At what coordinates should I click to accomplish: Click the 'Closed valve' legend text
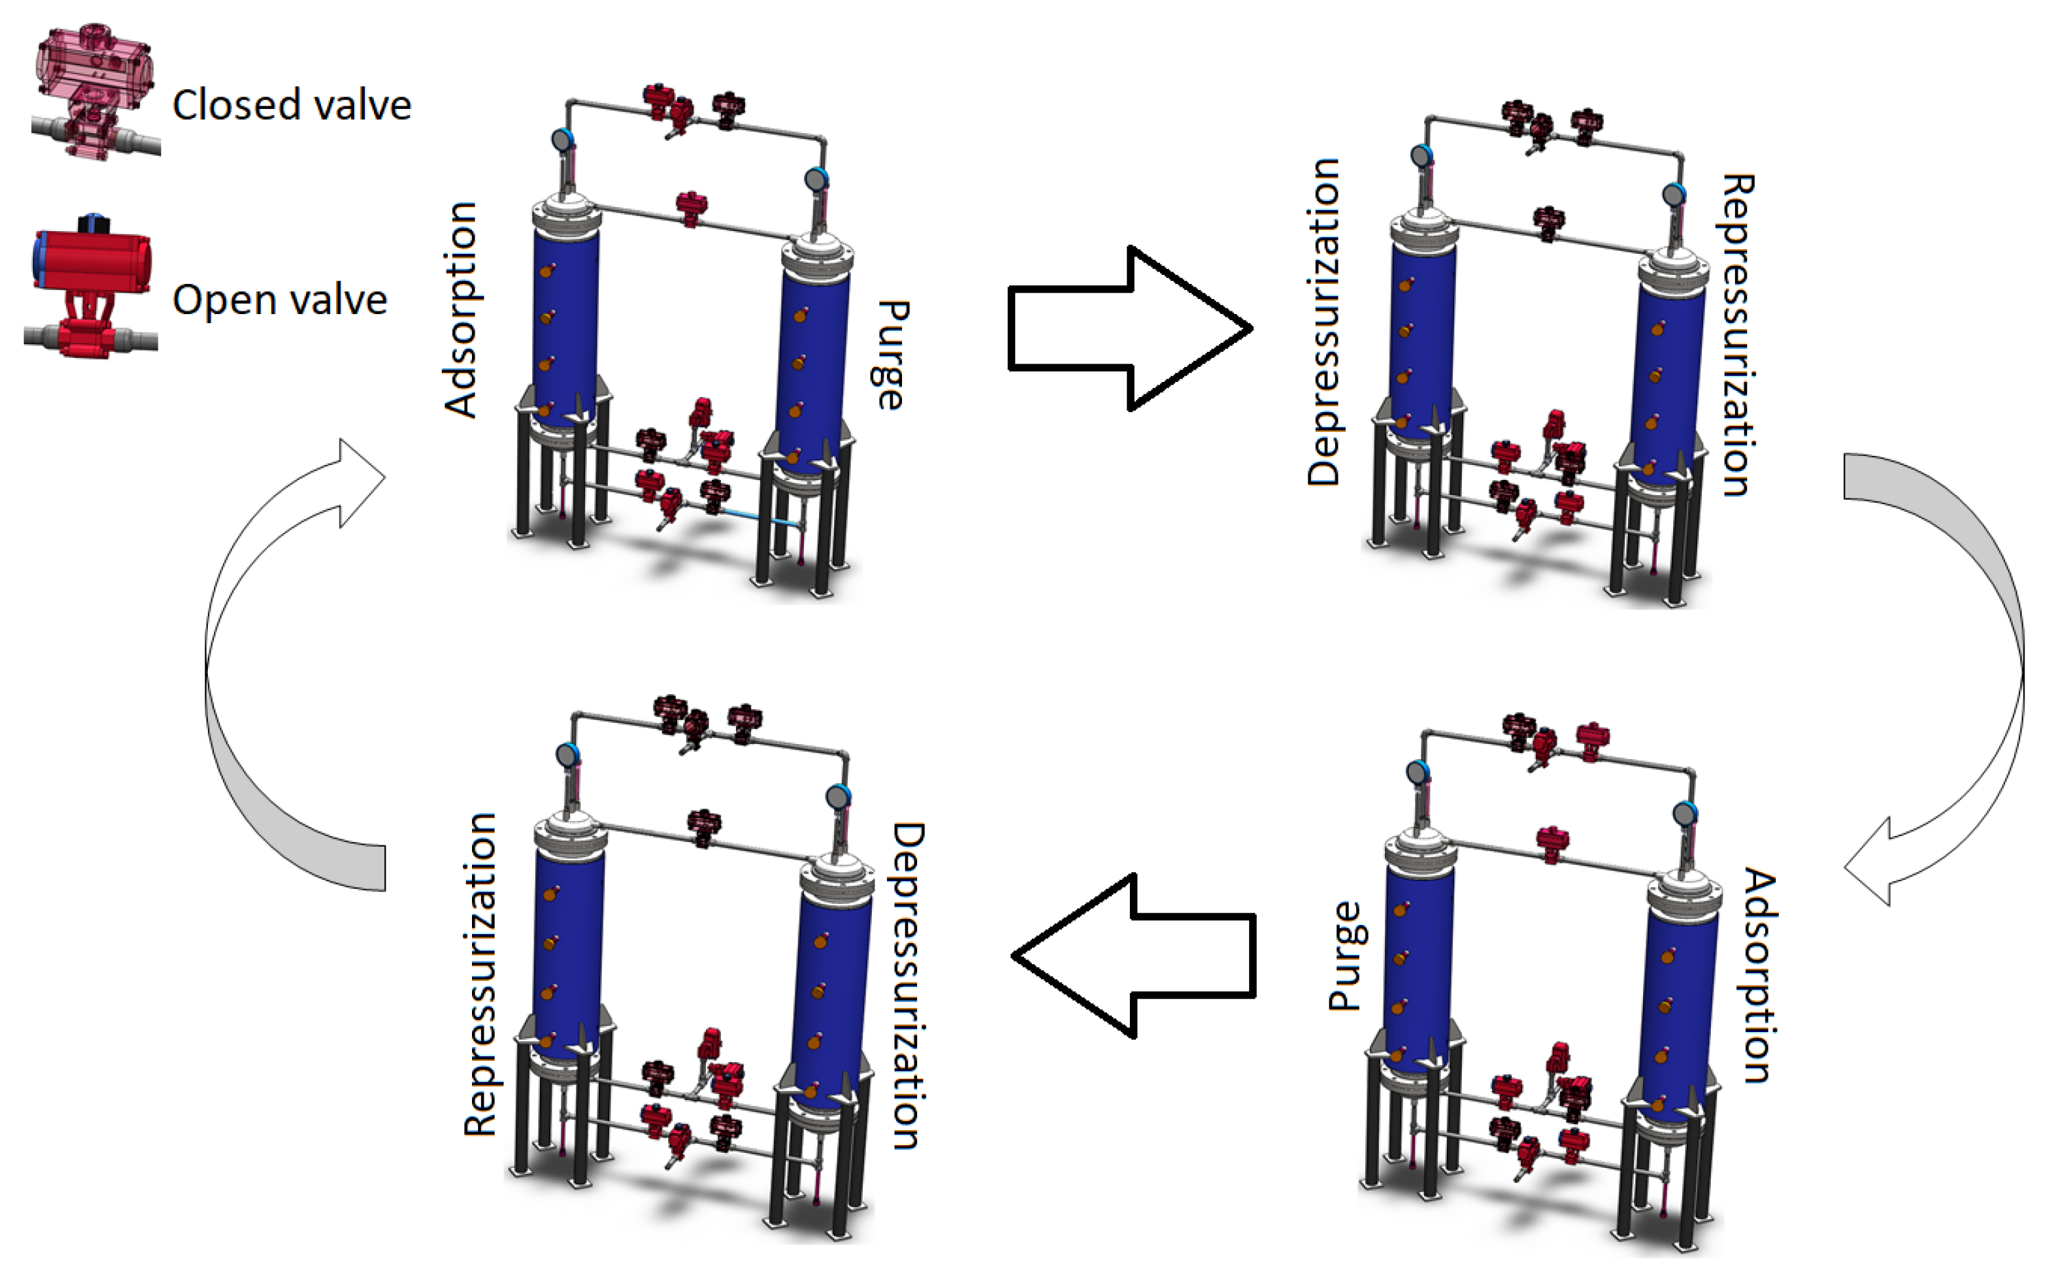pyautogui.click(x=292, y=106)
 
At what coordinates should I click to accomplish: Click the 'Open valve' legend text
pyautogui.click(x=280, y=300)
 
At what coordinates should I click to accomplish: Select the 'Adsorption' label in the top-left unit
pyautogui.click(x=462, y=310)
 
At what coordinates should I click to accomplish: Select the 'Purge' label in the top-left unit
pyautogui.click(x=890, y=355)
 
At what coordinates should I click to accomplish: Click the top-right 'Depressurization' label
pyautogui.click(x=1324, y=322)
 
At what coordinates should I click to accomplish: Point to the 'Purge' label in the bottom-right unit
pyautogui.click(x=1345, y=956)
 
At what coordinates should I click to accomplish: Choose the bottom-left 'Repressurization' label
pyautogui.click(x=480, y=974)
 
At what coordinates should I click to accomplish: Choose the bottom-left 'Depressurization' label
pyautogui.click(x=908, y=985)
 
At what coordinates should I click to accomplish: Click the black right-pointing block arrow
pyautogui.click(x=1129, y=328)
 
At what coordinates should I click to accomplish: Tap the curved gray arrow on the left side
pyautogui.click(x=280, y=669)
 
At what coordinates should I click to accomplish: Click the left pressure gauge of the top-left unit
pyautogui.click(x=562, y=140)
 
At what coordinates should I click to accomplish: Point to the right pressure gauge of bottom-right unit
pyautogui.click(x=1684, y=814)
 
